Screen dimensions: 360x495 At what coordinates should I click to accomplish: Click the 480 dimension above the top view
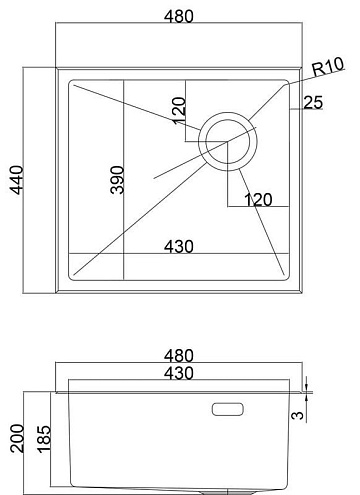179,17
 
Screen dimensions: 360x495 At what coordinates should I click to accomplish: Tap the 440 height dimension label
17,180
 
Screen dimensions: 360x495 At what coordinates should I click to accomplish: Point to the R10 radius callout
328,67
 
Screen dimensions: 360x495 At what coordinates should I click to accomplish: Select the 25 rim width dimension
313,102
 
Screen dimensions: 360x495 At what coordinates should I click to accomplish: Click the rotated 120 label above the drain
179,110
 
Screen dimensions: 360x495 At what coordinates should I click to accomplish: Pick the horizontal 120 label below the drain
258,200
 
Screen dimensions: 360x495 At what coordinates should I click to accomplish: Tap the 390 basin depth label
117,180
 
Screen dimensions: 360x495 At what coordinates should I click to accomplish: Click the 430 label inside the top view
179,247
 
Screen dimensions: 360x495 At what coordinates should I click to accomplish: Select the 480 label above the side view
179,356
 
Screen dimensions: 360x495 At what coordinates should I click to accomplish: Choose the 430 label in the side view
179,373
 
